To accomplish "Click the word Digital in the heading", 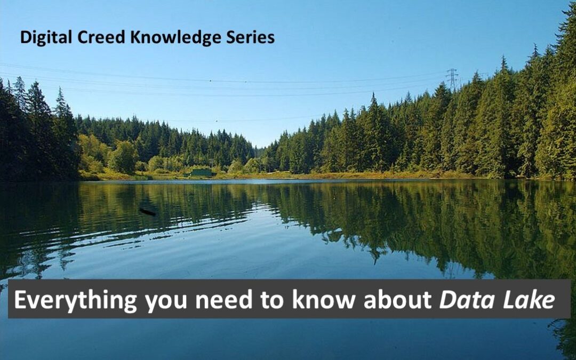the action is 46,38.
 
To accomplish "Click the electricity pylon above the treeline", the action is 452,79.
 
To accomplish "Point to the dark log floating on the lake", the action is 147,212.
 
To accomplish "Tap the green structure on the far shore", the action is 201,173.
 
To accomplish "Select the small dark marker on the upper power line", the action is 211,80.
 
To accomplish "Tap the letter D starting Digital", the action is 26,37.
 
